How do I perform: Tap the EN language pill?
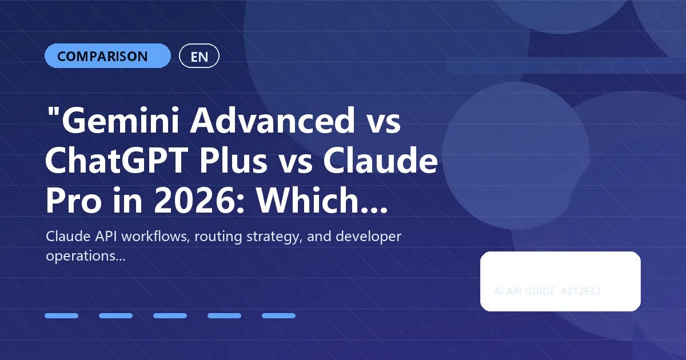pos(199,56)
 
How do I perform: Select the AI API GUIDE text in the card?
pos(524,291)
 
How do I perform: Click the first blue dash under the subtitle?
pos(61,315)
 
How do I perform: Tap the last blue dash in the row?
pos(278,315)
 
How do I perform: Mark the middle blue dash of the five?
pos(170,315)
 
